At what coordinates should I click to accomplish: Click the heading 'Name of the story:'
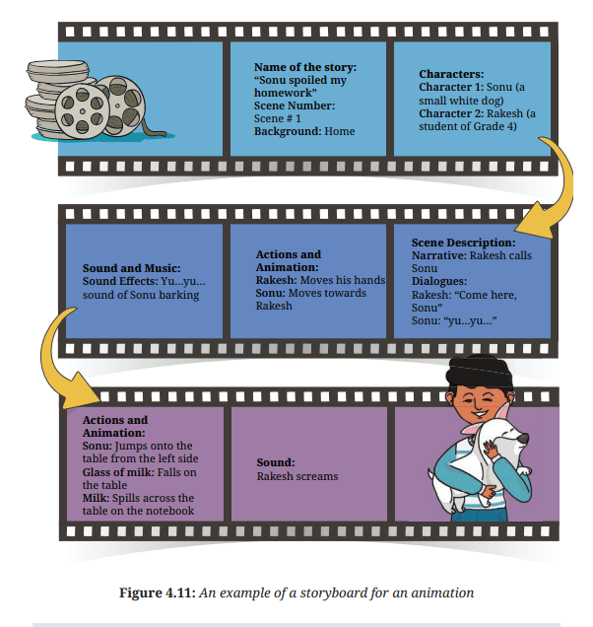coord(305,67)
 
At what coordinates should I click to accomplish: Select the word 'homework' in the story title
coord(284,93)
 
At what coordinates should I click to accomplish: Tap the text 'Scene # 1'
coord(278,118)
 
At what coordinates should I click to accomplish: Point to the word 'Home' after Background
coord(339,131)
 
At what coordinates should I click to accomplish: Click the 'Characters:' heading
coord(451,74)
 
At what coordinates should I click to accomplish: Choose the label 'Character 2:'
coord(451,113)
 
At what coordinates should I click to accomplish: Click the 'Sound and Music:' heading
coord(131,268)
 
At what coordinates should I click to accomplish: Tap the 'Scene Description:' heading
coord(464,243)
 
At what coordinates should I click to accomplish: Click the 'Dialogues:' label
coord(439,281)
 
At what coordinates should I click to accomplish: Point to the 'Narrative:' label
coord(439,255)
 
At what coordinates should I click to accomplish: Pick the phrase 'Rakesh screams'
coord(297,476)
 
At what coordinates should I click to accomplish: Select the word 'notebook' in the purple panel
coord(170,511)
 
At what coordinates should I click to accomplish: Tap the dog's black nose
coord(523,439)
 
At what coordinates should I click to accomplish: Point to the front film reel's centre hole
coord(83,111)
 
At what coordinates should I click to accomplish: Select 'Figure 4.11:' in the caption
coord(158,592)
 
